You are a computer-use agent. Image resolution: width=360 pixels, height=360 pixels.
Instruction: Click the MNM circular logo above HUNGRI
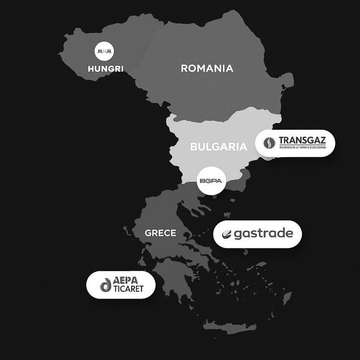[x=105, y=51]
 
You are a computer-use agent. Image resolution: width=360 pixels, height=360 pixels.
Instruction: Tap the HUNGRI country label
[x=106, y=69]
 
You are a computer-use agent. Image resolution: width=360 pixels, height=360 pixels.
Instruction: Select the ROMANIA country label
[x=207, y=68]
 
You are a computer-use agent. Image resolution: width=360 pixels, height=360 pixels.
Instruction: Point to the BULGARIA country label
[x=219, y=147]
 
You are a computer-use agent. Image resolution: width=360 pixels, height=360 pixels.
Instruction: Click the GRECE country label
[x=160, y=233]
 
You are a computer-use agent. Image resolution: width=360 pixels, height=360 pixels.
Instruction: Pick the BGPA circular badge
[x=212, y=181]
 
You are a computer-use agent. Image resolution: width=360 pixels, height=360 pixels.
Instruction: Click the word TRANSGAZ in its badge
[x=302, y=140]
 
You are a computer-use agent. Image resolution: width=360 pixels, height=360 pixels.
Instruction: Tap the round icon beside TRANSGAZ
[x=269, y=143]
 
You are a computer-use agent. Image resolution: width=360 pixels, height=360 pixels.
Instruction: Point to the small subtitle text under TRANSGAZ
[x=302, y=148]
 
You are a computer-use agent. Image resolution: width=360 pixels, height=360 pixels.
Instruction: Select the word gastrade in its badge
[x=263, y=233]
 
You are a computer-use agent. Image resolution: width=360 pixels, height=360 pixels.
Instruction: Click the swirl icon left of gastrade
[x=227, y=234]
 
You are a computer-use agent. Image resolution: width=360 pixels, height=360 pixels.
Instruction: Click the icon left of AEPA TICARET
[x=106, y=285]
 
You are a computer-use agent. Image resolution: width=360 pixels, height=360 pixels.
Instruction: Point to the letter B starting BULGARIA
[x=193, y=147]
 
